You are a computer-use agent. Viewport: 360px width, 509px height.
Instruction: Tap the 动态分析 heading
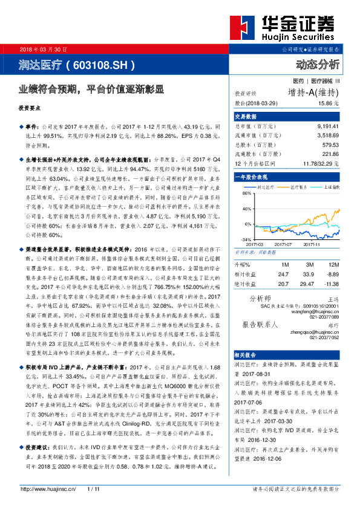(318, 64)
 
